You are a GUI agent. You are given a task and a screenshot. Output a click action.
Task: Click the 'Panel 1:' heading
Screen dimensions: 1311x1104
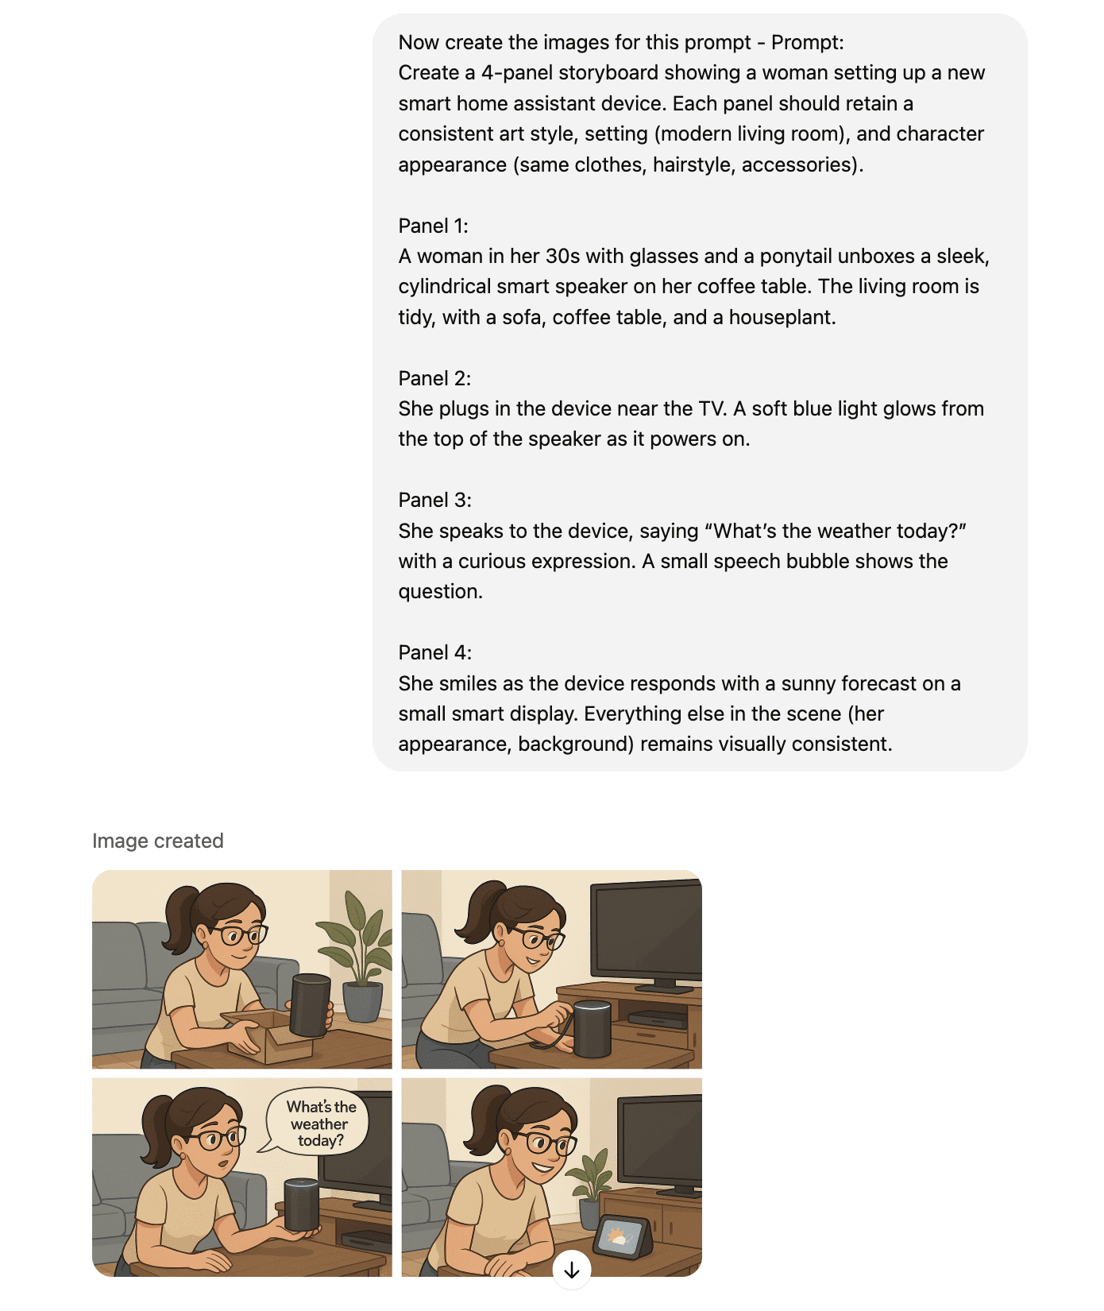pyautogui.click(x=433, y=226)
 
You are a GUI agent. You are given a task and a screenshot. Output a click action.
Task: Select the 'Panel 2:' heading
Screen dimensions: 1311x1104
pyautogui.click(x=434, y=378)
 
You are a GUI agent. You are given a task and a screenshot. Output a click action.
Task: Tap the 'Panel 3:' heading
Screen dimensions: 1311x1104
pyautogui.click(x=434, y=500)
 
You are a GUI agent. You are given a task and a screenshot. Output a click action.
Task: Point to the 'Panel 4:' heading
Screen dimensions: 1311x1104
pyautogui.click(x=434, y=652)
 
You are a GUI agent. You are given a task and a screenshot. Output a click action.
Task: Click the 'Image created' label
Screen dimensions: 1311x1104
pyautogui.click(x=157, y=841)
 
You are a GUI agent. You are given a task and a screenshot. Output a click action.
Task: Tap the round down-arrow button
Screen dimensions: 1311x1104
pyautogui.click(x=572, y=1270)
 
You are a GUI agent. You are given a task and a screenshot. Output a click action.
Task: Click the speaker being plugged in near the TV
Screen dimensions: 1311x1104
pyautogui.click(x=593, y=1029)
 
